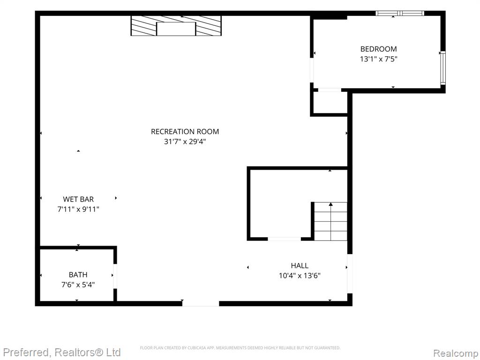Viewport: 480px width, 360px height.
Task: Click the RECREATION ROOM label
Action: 185,132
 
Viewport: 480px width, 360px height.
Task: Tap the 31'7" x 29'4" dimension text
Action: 185,142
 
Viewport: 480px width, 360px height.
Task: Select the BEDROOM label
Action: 378,49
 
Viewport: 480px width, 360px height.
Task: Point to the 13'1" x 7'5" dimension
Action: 378,59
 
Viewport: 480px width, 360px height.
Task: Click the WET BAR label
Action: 78,199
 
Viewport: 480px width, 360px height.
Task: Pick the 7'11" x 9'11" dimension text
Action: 78,210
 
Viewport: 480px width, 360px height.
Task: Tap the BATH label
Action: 78,275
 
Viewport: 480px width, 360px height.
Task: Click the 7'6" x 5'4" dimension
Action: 78,285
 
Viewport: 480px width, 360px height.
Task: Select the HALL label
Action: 300,266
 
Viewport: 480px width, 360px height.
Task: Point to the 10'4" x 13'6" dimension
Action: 300,276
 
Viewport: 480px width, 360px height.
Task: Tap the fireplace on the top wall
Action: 176,26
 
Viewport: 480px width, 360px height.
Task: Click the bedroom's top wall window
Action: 400,13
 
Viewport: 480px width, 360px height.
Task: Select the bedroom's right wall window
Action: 442,68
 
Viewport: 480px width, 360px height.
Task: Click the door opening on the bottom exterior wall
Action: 201,303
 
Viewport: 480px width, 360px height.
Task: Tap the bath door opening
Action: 115,276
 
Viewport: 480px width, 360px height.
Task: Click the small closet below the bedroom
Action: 329,103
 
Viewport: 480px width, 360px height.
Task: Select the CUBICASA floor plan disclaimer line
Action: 240,348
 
